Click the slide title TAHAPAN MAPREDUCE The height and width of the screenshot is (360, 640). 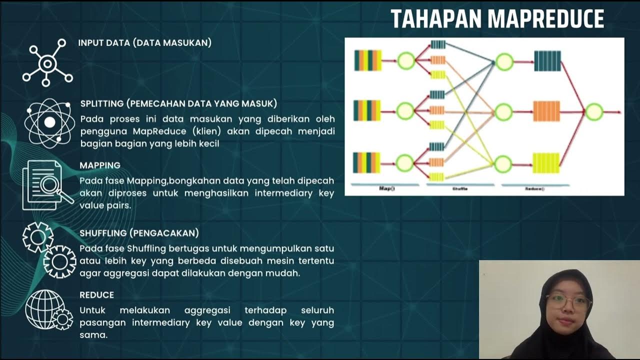coord(497,19)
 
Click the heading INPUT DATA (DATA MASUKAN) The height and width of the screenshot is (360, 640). coord(144,43)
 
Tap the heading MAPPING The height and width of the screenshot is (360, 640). coord(100,165)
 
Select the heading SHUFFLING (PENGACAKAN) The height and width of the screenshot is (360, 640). coord(139,233)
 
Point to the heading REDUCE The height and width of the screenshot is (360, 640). coord(96,295)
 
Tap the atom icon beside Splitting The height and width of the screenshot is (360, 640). coord(49,121)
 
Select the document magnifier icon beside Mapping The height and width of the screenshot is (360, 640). coord(46,185)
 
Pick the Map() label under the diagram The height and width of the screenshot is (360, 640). coord(384,189)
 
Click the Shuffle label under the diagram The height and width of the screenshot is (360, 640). coord(459,189)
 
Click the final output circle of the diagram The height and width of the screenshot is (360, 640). coord(594,111)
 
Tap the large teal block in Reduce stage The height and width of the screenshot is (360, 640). coord(547,61)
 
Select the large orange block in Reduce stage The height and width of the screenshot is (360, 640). coord(546,111)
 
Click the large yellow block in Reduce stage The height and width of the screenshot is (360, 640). coord(546,163)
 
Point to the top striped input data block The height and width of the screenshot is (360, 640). coord(367,60)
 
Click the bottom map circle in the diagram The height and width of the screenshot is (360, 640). coord(405,163)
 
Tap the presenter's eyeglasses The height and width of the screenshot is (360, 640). coord(568,302)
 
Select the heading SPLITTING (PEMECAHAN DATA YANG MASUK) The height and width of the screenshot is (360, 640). coord(178,104)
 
